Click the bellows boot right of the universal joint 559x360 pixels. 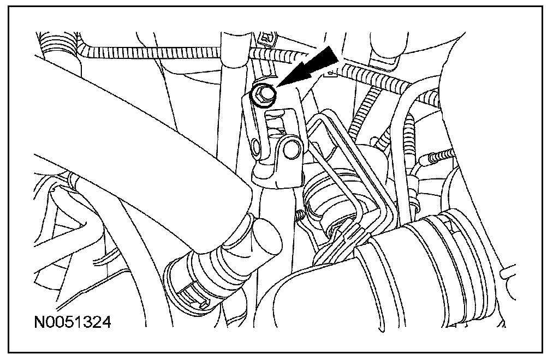point(325,199)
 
